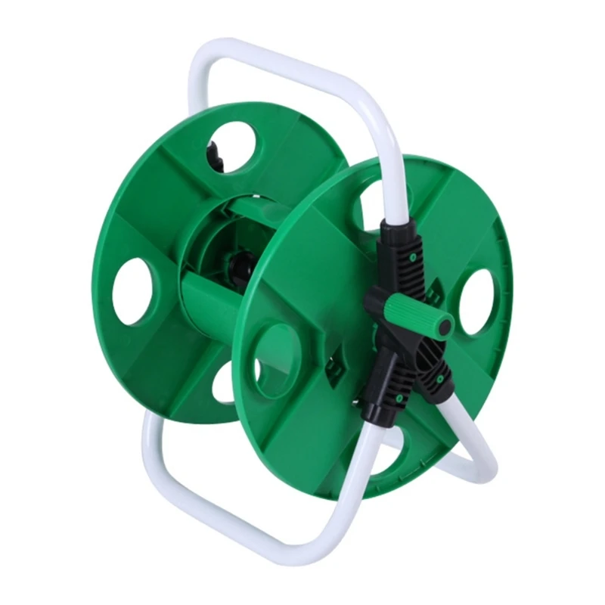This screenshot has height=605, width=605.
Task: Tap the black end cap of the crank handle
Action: (444, 325)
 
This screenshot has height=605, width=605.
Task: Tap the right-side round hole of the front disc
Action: (478, 302)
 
